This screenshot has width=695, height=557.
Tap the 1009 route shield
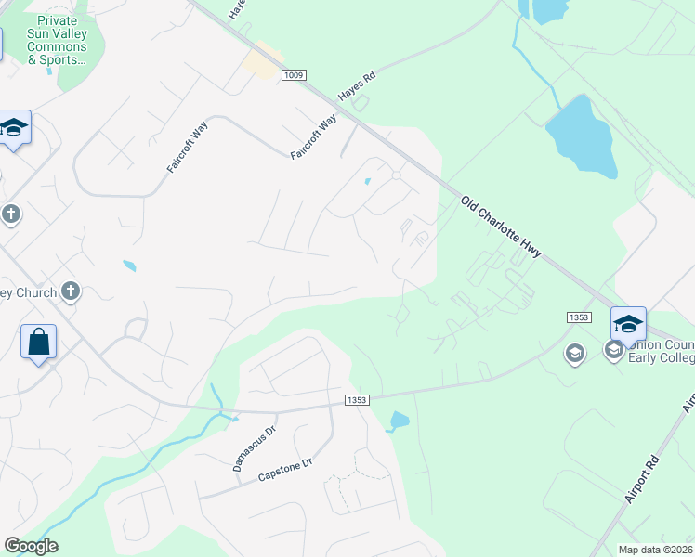click(x=295, y=75)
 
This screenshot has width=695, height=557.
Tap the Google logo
click(x=31, y=546)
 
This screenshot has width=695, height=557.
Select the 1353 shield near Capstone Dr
click(x=357, y=400)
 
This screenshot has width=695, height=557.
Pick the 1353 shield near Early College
click(x=578, y=317)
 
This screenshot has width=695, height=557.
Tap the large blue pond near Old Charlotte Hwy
click(x=581, y=136)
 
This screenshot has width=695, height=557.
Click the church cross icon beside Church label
click(x=71, y=292)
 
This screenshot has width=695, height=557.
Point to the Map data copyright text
click(x=656, y=550)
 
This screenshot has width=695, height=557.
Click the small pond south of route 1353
click(x=399, y=421)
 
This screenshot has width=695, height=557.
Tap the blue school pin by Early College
click(x=628, y=324)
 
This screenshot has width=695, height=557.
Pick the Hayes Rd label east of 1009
click(x=356, y=88)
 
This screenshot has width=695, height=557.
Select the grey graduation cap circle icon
click(x=574, y=354)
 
